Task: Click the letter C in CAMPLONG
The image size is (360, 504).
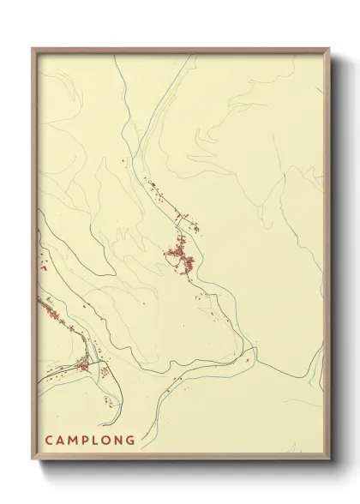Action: (x=49, y=441)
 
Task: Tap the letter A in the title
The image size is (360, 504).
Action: (x=62, y=441)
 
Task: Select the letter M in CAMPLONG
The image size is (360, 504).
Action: (x=75, y=441)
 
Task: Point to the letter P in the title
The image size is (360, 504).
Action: (x=88, y=441)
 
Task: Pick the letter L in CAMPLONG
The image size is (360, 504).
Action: (x=99, y=441)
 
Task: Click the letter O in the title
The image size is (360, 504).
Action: (x=110, y=441)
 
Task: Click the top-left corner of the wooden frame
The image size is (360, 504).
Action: (x=33, y=48)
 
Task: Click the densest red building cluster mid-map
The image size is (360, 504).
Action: (x=182, y=255)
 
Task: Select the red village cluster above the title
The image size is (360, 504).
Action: (x=82, y=367)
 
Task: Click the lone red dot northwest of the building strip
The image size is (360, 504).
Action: (x=123, y=162)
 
